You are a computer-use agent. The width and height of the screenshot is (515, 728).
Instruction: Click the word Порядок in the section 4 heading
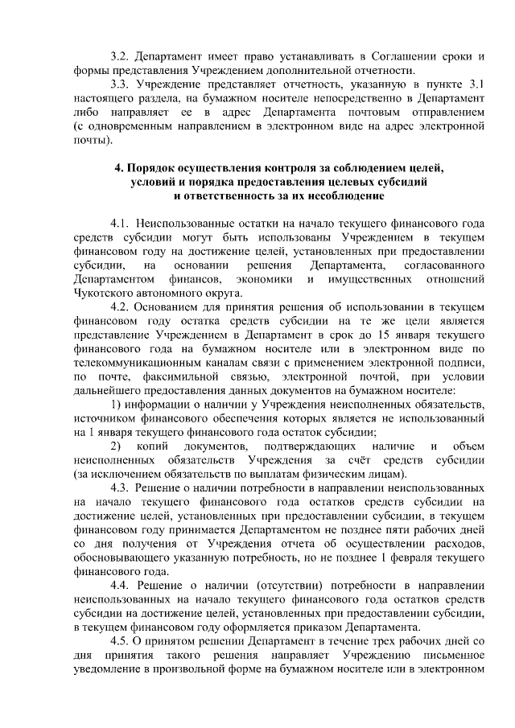[x=160, y=168]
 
